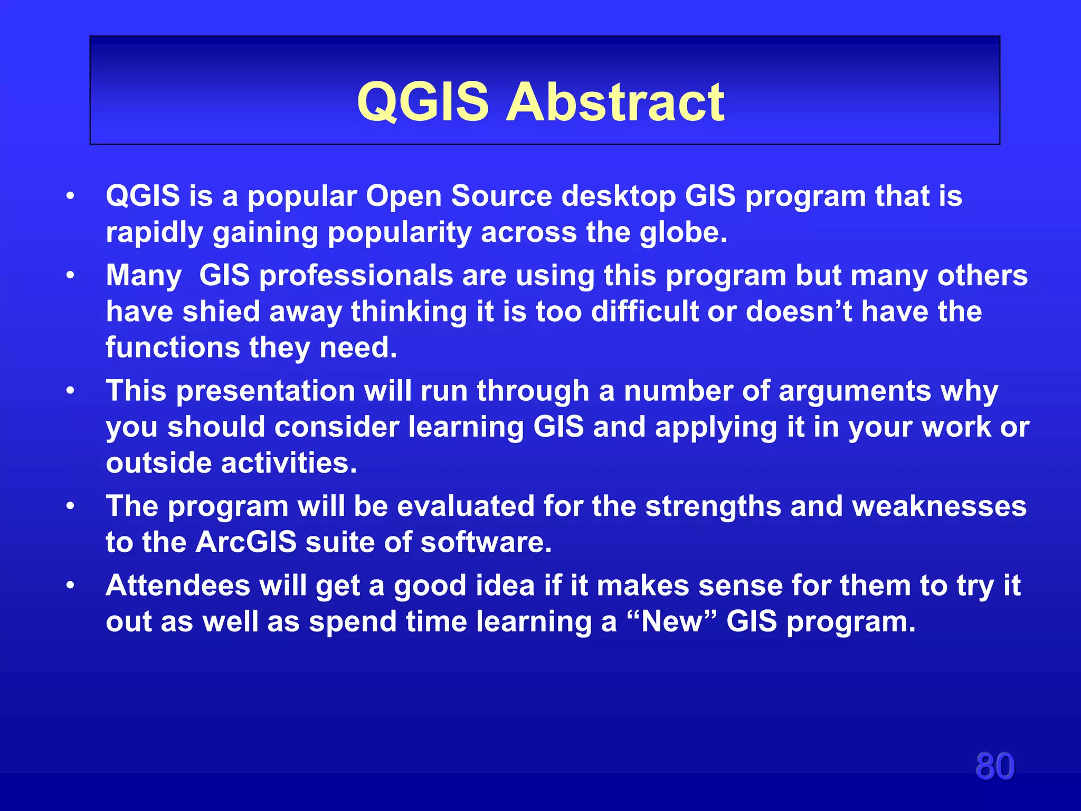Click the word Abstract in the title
(x=615, y=102)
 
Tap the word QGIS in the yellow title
(x=423, y=102)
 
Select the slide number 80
(x=994, y=766)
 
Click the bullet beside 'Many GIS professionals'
(x=70, y=276)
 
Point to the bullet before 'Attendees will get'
(x=70, y=586)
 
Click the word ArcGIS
(x=246, y=542)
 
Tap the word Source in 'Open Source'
(x=501, y=196)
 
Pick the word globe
(x=683, y=233)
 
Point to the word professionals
(x=356, y=276)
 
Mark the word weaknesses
(x=940, y=506)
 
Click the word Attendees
(x=177, y=586)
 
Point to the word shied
(x=221, y=312)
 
